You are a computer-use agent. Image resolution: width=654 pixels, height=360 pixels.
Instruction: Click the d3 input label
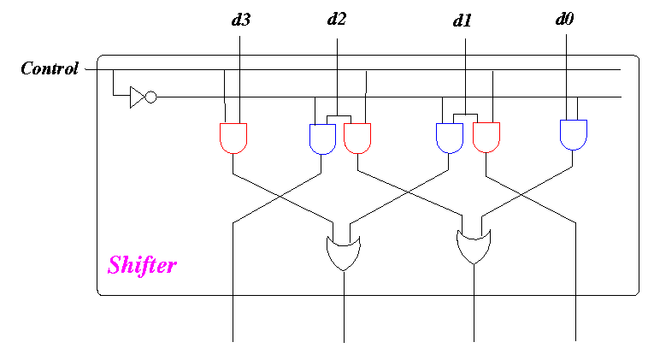[x=241, y=20]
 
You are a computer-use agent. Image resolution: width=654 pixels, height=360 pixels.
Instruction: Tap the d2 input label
[x=337, y=19]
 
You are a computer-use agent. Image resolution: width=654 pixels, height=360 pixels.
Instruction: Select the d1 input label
[x=463, y=21]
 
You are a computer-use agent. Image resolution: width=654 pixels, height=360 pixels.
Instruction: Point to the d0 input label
[x=565, y=19]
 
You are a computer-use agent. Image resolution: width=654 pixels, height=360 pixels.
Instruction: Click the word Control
[x=50, y=68]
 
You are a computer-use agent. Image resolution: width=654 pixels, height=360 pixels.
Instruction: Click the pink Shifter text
[x=142, y=265]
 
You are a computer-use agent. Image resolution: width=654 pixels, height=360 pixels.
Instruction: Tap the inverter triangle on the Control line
[x=138, y=97]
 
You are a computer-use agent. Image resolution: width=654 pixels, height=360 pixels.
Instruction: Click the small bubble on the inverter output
[x=151, y=97]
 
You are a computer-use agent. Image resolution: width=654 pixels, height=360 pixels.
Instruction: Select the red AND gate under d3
[x=233, y=138]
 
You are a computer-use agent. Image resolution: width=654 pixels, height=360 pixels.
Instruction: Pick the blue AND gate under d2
[x=322, y=139]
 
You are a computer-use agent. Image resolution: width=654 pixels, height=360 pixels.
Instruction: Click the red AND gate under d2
[x=357, y=138]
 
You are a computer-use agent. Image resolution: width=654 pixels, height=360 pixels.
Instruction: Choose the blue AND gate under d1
[x=449, y=138]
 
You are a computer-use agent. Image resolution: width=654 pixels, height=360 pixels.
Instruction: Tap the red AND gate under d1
[x=486, y=137]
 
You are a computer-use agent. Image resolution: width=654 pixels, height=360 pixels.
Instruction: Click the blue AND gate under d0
[x=574, y=135]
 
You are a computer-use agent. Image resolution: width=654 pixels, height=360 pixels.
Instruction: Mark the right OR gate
[x=474, y=247]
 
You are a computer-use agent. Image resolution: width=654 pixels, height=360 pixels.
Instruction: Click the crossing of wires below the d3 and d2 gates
[x=277, y=196]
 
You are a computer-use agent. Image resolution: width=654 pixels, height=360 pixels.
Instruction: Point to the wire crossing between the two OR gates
[x=408, y=193]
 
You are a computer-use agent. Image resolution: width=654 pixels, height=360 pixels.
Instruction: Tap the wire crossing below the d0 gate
[x=521, y=194]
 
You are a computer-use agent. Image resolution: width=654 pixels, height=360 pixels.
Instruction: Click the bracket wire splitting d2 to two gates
[x=339, y=116]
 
